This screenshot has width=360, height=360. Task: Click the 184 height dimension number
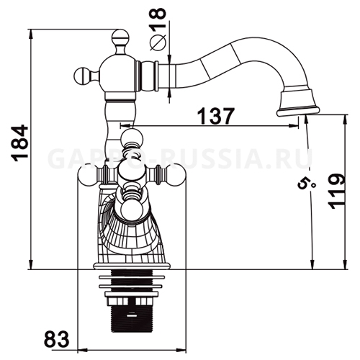(x=19, y=143)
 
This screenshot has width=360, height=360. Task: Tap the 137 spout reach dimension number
(x=215, y=116)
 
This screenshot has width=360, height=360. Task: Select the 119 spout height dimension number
(x=336, y=192)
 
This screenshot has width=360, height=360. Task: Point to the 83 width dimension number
(x=57, y=340)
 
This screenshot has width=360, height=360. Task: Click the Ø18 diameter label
(x=158, y=29)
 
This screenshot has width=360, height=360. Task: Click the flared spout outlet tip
(x=298, y=102)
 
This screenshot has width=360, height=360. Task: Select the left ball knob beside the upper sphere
(x=82, y=76)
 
